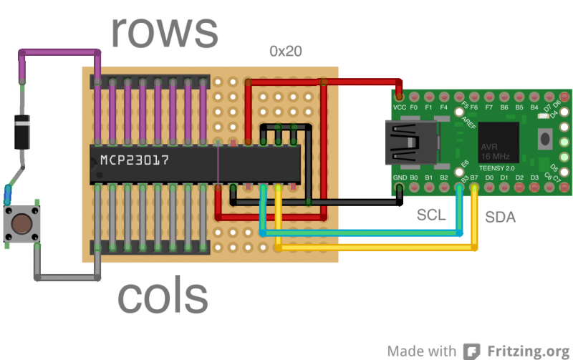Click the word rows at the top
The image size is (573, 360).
pyautogui.click(x=164, y=31)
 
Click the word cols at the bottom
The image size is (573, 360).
pyautogui.click(x=163, y=296)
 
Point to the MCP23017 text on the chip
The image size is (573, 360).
pyautogui.click(x=134, y=160)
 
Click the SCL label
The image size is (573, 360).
pyautogui.click(x=431, y=215)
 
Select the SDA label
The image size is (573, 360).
pyautogui.click(x=500, y=217)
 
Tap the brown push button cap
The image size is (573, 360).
pyautogui.click(x=22, y=223)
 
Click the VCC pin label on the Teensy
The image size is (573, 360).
pyautogui.click(x=400, y=107)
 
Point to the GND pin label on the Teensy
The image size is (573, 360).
pyautogui.click(x=400, y=177)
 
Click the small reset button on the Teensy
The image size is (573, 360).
pyautogui.click(x=546, y=137)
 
